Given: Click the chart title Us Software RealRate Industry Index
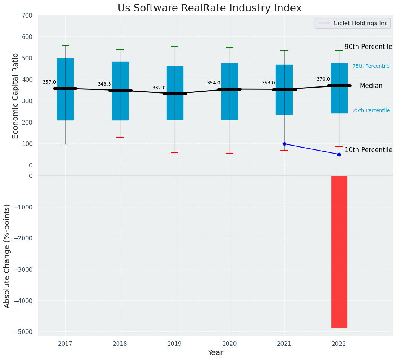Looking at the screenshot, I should tap(209, 8).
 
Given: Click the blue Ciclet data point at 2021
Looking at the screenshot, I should tap(284, 144).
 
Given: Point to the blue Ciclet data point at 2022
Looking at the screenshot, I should tap(339, 154).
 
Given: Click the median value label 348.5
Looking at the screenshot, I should tap(104, 84).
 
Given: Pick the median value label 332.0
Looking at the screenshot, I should tap(159, 88).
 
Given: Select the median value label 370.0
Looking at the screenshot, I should tap(323, 79).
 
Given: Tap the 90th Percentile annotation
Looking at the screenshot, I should tap(368, 47).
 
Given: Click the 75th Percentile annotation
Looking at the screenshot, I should tap(371, 66).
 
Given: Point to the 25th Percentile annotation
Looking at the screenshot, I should tap(371, 110).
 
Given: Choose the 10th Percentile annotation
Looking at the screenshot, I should tap(368, 150).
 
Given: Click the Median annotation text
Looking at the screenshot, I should tap(371, 86).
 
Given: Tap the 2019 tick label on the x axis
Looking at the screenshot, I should tap(175, 344).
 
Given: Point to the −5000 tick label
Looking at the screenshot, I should tap(24, 332).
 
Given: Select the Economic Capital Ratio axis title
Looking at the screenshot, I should tap(16, 96).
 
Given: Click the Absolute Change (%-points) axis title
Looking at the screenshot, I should tap(7, 256).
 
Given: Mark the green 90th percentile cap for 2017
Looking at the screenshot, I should tap(65, 45).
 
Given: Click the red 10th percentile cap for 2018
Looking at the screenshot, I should tap(120, 137).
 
